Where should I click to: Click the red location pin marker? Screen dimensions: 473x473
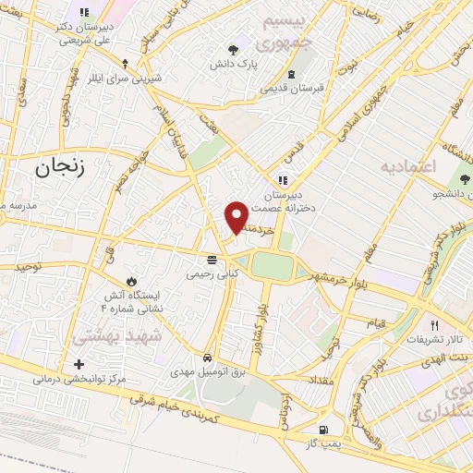pos(236,216)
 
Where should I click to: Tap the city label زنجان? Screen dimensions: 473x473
pos(63,167)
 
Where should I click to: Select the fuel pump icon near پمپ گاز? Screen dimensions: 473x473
pos(321,429)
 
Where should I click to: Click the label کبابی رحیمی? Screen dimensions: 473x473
pos(212,273)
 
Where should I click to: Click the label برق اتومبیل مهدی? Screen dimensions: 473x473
pos(209,371)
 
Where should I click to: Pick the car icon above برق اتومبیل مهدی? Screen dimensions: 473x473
pos(209,357)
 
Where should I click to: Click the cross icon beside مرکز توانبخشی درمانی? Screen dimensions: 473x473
pos(79,365)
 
